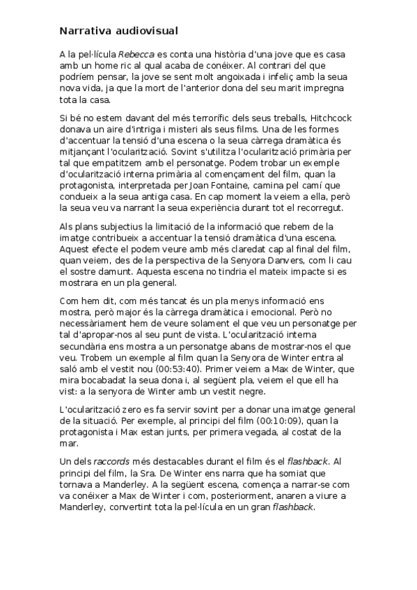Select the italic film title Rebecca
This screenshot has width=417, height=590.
(x=133, y=54)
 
